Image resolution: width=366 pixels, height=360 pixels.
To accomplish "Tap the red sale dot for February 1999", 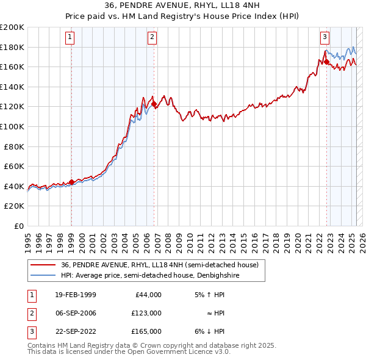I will [x=71, y=181].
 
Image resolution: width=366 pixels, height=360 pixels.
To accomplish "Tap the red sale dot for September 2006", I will [x=154, y=104].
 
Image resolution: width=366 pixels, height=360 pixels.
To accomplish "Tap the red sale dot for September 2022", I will [x=326, y=62].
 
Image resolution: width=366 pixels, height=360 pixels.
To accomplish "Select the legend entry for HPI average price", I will [x=150, y=275].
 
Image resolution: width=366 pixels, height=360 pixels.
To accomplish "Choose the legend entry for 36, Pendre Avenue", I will [x=160, y=265].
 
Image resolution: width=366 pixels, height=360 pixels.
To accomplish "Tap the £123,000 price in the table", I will [x=146, y=313].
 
